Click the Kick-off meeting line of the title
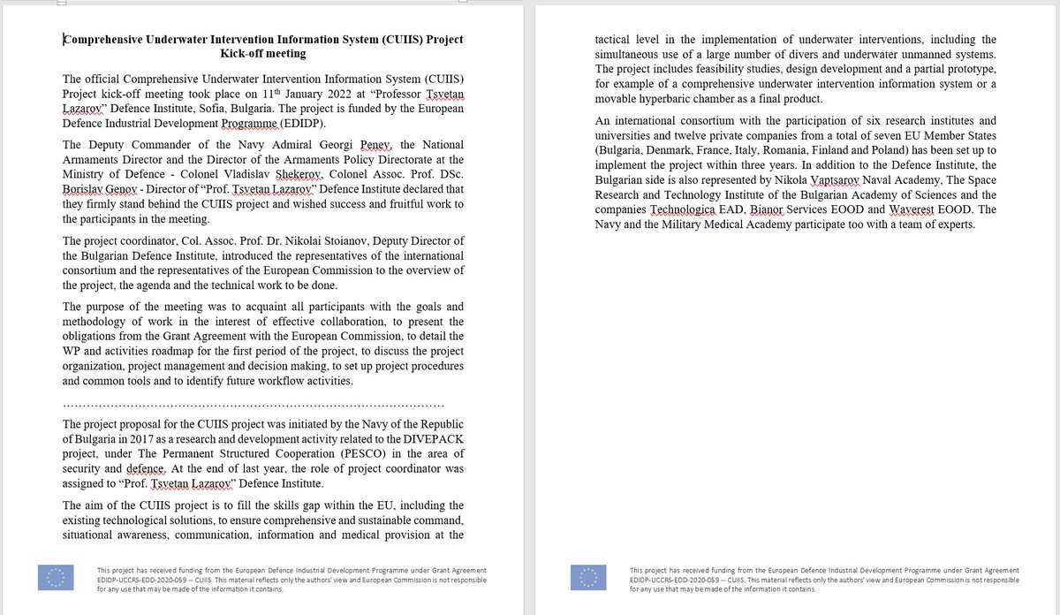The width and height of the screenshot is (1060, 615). pos(263,53)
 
